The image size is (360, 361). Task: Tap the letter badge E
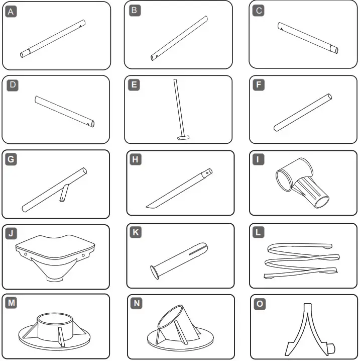tap(134, 85)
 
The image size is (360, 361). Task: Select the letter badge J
tap(11, 233)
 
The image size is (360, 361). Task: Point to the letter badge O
tap(259, 304)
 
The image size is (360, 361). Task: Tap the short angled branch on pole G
tap(63, 194)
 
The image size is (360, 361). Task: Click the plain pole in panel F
tap(302, 113)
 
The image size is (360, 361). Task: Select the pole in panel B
tap(179, 38)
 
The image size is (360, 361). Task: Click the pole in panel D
tap(64, 111)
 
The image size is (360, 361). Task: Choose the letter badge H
tap(135, 160)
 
